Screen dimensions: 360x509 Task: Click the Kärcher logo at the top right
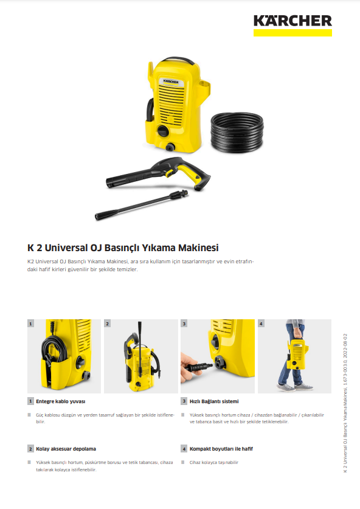click(292, 26)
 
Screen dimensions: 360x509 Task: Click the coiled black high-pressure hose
click(237, 133)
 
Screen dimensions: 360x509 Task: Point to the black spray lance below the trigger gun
click(141, 205)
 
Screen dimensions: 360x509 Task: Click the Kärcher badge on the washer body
click(171, 81)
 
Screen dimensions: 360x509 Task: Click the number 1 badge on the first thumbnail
click(30, 324)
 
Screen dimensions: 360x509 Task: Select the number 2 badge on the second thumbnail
click(108, 324)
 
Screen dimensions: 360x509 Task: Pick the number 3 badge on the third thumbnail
click(184, 324)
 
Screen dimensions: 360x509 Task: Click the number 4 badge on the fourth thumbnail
click(261, 324)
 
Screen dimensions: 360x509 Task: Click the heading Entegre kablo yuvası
click(61, 401)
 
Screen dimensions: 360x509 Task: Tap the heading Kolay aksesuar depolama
click(66, 449)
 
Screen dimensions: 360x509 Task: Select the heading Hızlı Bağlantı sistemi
click(214, 401)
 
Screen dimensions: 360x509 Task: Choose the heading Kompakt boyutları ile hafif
click(221, 449)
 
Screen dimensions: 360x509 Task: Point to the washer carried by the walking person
click(297, 353)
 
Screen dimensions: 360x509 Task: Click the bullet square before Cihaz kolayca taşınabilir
click(183, 462)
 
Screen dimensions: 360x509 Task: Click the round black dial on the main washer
click(162, 131)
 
